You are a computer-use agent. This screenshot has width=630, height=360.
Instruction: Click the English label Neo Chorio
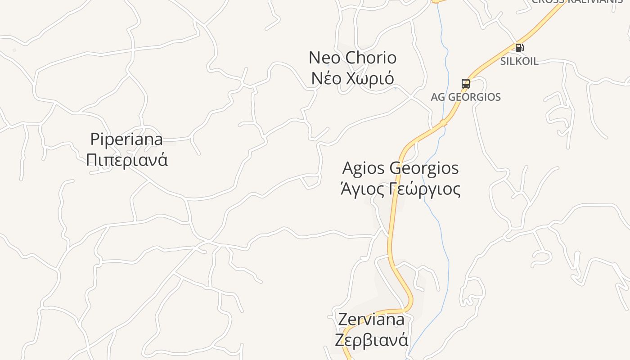(x=352, y=58)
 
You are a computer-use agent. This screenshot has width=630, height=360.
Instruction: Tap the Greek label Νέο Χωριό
(x=352, y=78)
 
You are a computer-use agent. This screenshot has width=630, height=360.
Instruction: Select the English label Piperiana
(x=126, y=139)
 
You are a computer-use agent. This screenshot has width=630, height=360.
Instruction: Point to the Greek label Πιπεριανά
(x=126, y=160)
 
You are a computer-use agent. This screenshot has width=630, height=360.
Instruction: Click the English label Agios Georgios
(x=400, y=168)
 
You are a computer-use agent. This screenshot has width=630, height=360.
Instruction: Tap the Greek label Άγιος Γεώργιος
(x=400, y=189)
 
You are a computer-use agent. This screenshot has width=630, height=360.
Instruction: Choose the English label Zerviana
(x=371, y=319)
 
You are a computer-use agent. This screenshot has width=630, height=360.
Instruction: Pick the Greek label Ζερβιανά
(x=371, y=339)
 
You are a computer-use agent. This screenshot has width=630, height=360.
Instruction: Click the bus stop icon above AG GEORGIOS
(x=466, y=83)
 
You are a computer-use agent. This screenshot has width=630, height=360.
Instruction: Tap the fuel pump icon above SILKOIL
(x=519, y=47)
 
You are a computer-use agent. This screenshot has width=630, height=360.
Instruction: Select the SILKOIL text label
(x=519, y=61)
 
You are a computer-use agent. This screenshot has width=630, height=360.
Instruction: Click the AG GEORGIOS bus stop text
(x=466, y=97)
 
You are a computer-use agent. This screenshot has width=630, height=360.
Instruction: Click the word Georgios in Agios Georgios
(x=424, y=168)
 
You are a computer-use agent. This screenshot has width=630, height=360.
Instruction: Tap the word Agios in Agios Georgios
(x=364, y=168)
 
